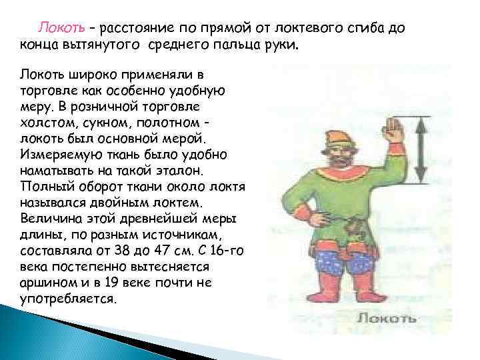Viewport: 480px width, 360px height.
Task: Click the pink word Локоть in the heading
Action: (x=61, y=28)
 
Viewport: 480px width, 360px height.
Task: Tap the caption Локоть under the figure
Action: (x=386, y=319)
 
